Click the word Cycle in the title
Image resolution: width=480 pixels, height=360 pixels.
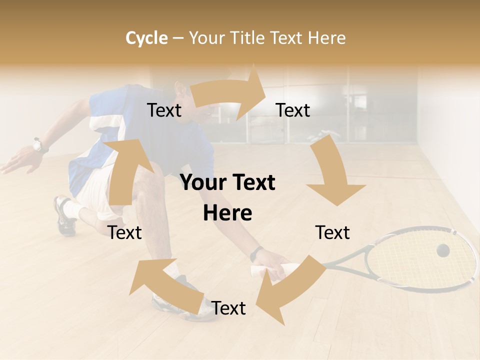click(146, 38)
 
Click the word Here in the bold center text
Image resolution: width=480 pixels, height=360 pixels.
click(227, 213)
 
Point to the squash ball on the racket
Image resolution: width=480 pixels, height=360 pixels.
click(442, 250)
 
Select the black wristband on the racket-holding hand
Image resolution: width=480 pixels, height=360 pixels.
click(256, 254)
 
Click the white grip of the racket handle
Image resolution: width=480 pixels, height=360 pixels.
click(260, 271)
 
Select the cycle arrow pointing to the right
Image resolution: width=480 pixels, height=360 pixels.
click(230, 92)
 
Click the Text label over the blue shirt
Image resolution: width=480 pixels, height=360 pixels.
click(164, 110)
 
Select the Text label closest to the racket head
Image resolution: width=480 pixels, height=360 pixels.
click(332, 232)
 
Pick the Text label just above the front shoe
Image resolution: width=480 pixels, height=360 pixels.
click(228, 308)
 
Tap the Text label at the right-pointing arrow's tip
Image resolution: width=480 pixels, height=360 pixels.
click(293, 110)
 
